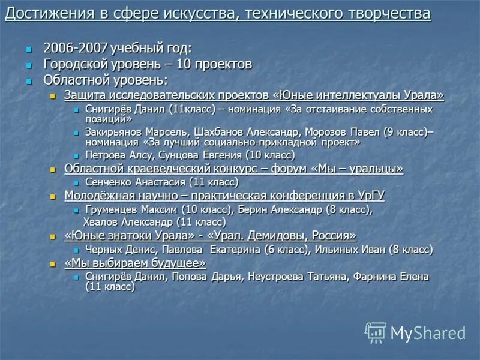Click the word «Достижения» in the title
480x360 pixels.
pyautogui.click(x=41, y=13)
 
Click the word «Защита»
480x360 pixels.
pyautogui.click(x=84, y=95)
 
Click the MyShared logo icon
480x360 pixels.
pyautogui.click(x=376, y=332)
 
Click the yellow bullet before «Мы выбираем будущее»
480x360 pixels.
pyautogui.click(x=52, y=264)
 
